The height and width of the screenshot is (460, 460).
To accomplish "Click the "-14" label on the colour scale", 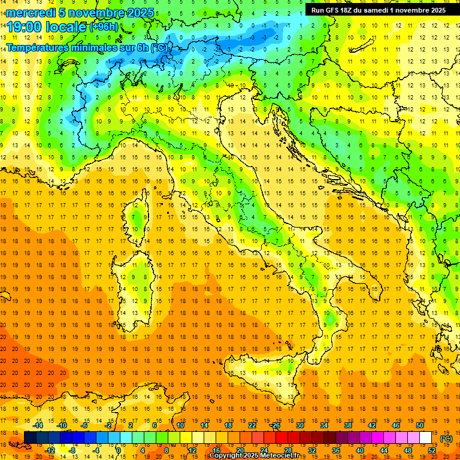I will pos(38,425).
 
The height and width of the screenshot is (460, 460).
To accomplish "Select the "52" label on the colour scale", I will pos(432,450).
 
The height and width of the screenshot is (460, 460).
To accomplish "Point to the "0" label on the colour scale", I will pos(119,450).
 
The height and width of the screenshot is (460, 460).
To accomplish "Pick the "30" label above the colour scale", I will pos(300,425).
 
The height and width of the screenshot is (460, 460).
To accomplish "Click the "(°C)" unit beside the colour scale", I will pos(446,438).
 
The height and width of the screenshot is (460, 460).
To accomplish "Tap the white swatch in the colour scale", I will pos(425,438).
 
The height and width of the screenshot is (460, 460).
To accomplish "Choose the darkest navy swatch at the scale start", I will pos(30,438).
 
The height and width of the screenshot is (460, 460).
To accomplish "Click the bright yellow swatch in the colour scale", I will pos(198,438).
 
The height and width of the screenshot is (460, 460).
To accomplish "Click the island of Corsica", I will pos(139,222).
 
